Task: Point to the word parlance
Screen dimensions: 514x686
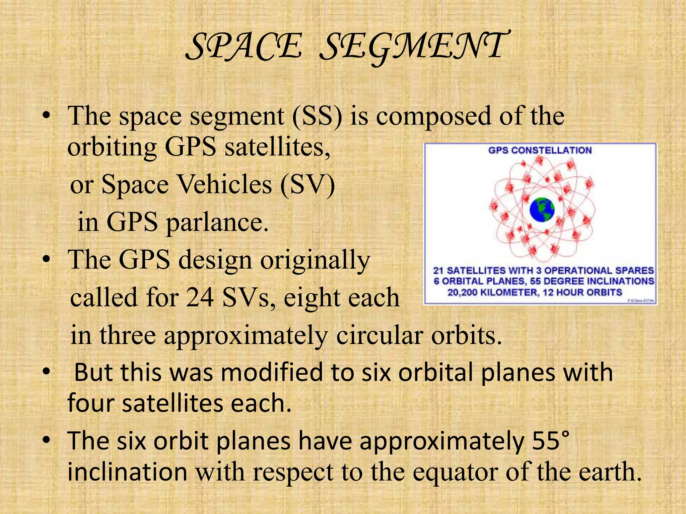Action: (217, 222)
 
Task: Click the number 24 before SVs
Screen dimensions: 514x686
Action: (200, 297)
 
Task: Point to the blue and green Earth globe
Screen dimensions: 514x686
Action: (542, 210)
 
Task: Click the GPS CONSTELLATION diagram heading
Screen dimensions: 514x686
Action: (540, 150)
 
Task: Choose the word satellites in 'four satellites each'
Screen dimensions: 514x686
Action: (173, 403)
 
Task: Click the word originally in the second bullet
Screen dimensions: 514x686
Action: (315, 260)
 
